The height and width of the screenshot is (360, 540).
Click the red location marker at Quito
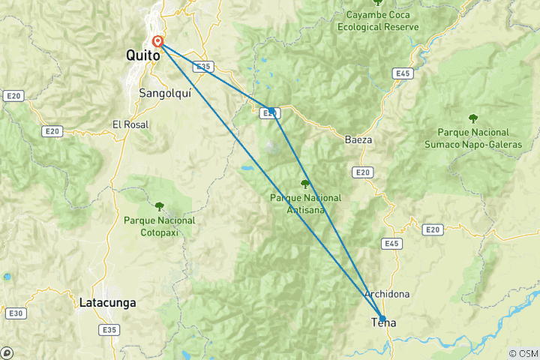point(158,42)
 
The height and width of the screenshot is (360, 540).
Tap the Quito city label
point(142,56)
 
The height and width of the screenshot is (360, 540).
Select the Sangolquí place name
point(162,93)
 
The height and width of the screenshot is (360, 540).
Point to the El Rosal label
point(130,124)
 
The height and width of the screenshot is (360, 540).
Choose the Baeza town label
point(358,139)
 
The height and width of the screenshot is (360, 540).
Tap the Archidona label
point(386,294)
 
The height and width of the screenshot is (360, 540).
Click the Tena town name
point(384,323)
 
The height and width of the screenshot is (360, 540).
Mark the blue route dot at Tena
point(382,317)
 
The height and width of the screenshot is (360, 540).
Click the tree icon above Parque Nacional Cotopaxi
point(159,205)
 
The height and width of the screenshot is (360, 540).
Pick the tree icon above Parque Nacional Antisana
point(304,184)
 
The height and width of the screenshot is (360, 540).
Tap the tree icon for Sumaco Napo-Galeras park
point(473,117)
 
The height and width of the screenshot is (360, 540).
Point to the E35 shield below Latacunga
point(110,329)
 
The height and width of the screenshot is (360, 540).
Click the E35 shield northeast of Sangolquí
point(201,66)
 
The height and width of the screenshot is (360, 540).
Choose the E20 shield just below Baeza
point(363,172)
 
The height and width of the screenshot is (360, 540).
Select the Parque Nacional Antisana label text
point(306,203)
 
